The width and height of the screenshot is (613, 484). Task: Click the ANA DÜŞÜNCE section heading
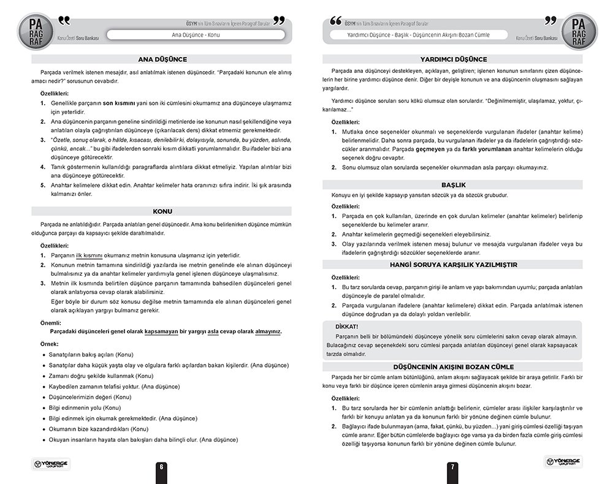pos(161,59)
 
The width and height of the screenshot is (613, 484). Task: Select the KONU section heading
pos(161,211)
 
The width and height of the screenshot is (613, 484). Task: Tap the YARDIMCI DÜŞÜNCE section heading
pos(454,59)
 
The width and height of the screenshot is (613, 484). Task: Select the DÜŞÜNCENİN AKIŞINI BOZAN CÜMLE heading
pos(454,366)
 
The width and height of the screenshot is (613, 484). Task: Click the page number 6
pos(161,466)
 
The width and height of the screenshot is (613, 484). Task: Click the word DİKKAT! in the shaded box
pos(348,327)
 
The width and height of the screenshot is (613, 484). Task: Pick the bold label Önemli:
pos(51,322)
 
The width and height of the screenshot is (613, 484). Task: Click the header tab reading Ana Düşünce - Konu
pos(196,35)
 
